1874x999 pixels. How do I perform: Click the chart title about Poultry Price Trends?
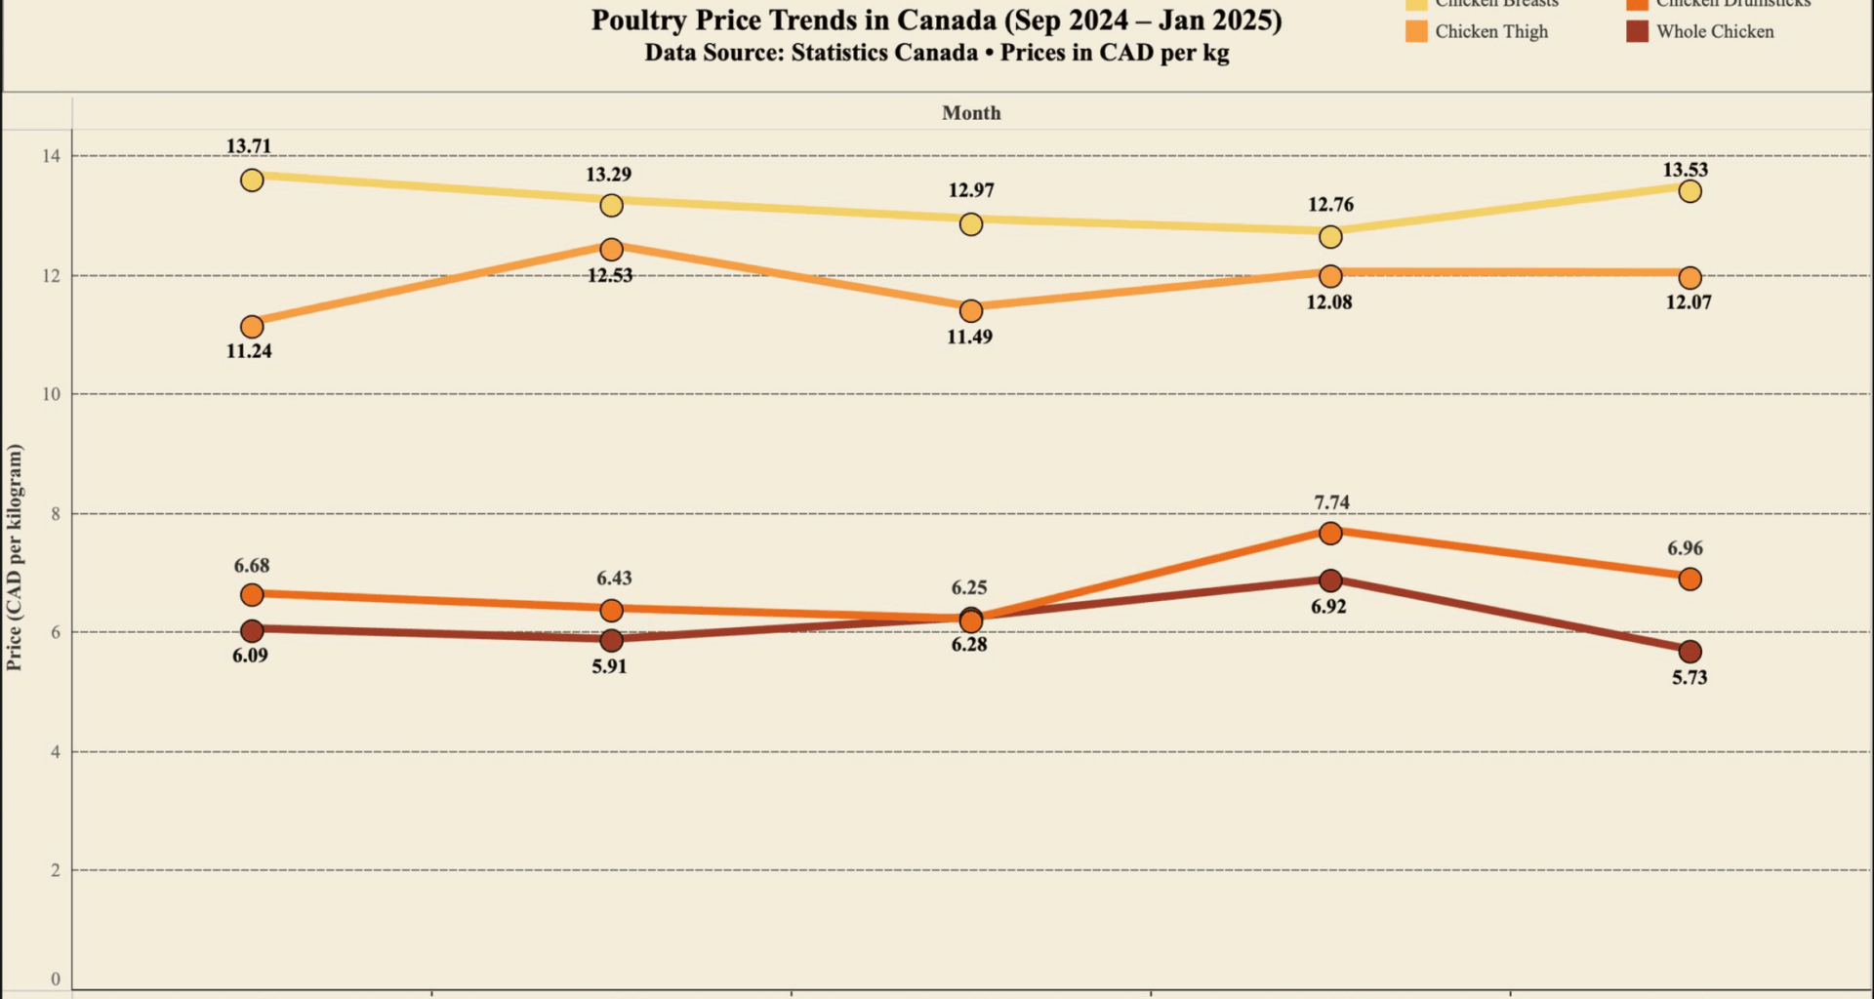click(x=936, y=20)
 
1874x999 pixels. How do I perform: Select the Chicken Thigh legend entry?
click(x=1490, y=32)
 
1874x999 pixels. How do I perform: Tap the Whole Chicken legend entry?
click(x=1714, y=32)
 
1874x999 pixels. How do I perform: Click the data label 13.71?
click(x=249, y=146)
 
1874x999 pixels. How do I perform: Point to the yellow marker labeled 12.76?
click(x=1329, y=237)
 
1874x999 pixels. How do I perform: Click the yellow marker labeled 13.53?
click(x=1690, y=191)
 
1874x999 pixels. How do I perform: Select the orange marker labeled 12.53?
click(x=611, y=250)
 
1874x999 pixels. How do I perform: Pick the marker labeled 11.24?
click(x=252, y=326)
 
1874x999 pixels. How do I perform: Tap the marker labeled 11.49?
click(x=970, y=311)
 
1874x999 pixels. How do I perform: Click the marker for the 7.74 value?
click(x=1329, y=534)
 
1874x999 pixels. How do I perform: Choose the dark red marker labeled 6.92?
click(x=1329, y=580)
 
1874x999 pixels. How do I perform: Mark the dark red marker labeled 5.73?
click(x=1690, y=652)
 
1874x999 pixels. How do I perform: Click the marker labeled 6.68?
click(x=252, y=595)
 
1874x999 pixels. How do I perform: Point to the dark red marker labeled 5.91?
click(x=611, y=641)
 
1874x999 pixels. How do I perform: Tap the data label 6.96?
click(x=1685, y=548)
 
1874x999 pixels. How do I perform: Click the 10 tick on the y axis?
click(x=50, y=394)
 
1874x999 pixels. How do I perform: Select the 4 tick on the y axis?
click(x=55, y=752)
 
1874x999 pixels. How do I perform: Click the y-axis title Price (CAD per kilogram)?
click(x=14, y=557)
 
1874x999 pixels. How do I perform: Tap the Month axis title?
click(x=971, y=113)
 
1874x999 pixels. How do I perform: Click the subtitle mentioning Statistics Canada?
click(x=936, y=54)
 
